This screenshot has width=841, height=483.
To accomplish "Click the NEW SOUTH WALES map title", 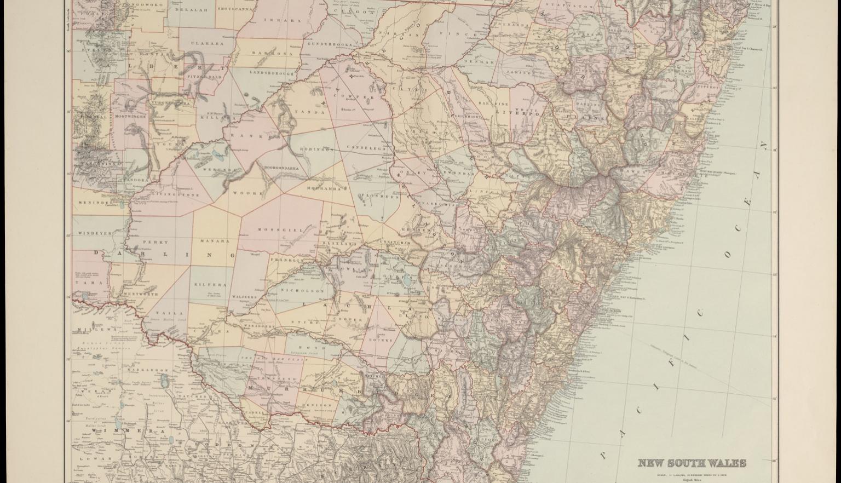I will pos(692,463).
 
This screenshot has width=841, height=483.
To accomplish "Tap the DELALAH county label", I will pos(191,9).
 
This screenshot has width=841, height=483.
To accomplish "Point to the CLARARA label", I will pos(208,43).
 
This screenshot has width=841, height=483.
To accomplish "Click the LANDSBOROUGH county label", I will pos(272,72).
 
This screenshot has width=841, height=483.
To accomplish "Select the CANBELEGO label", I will pos(366,148).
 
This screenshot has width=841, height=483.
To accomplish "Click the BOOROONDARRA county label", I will pos(281,168).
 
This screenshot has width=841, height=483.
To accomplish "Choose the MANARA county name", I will pos(215,240).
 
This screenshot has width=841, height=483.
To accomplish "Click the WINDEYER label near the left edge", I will pos(94,233).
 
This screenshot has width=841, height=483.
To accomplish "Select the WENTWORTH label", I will pos(141,294).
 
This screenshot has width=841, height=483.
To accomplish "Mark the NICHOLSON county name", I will pos(295,290).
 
